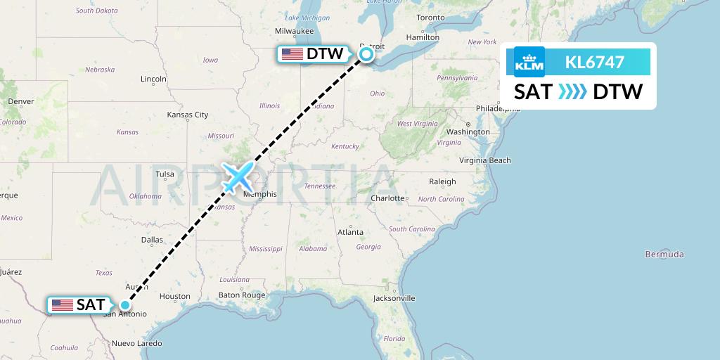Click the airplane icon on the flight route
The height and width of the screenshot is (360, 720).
coord(238,176)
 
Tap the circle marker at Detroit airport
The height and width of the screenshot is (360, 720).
coord(366,53)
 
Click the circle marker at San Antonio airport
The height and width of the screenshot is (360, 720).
coord(124,304)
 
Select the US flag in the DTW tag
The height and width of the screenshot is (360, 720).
coord(292,54)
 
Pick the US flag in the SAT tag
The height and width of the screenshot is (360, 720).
coord(62,305)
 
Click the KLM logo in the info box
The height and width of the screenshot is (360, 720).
coord(529,62)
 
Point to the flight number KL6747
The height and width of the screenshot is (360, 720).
coord(595,62)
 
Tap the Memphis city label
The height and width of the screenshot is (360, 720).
coord(259,194)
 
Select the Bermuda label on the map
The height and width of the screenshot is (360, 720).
coord(664,254)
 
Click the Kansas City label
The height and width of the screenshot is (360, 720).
coord(187,114)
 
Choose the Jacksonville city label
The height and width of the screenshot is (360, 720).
coord(394,298)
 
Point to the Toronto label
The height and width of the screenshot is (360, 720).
coord(430,18)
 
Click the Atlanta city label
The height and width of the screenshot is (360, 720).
coord(350,232)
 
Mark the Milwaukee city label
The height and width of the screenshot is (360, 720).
coord(294,31)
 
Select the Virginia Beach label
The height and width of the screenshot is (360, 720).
coord(485,160)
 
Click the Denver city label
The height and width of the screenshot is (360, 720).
coord(21,101)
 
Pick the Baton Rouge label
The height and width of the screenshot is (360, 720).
coord(241,295)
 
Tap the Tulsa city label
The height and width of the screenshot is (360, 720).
coord(165,174)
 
